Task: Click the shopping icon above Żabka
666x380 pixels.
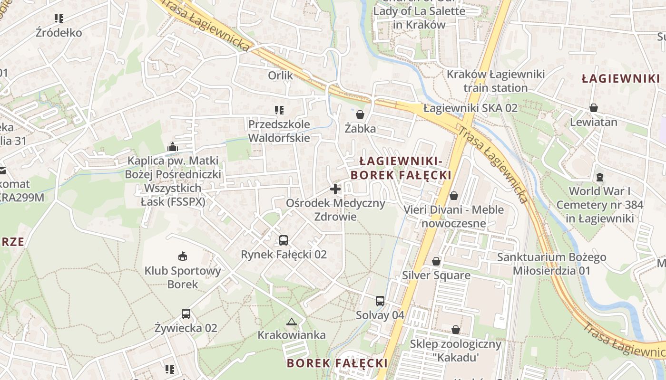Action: coord(360,114)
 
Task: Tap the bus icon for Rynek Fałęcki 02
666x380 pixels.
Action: coord(284,240)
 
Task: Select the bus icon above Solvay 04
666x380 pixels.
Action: coord(380,301)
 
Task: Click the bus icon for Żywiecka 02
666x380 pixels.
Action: coord(186,314)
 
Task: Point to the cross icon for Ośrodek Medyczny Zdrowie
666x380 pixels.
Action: coord(335,189)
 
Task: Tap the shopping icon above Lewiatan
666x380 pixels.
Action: coord(594,108)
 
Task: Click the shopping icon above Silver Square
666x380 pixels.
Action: coord(436,261)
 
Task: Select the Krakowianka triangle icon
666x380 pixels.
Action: coord(291,322)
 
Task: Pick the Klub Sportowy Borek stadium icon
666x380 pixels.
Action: coord(183,256)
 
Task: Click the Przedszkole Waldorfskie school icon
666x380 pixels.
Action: coord(279,110)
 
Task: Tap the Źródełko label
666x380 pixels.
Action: coord(59,33)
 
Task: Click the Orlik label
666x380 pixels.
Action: coord(281,75)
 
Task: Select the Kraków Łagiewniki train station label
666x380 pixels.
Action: coord(496,81)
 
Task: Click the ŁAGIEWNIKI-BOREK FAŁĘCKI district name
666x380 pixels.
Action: coord(401,168)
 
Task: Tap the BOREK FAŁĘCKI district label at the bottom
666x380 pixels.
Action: coord(337,363)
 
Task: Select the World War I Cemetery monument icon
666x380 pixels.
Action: coord(600,177)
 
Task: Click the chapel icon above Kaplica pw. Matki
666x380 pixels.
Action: coord(173,147)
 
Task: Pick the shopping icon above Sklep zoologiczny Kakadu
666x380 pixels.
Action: coord(456,330)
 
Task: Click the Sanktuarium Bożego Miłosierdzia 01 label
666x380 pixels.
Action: coord(551,264)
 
